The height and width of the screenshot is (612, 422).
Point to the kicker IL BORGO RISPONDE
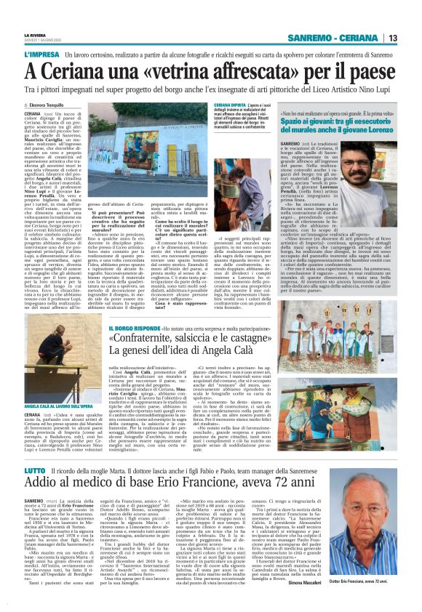click(132, 310)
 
